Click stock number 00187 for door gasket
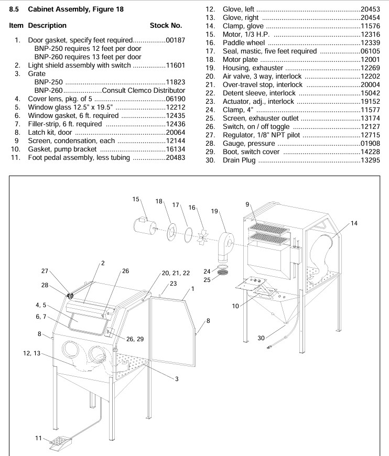[x=176, y=40]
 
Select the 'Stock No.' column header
[x=166, y=25]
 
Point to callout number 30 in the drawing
[x=261, y=338]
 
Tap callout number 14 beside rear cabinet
[x=354, y=223]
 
